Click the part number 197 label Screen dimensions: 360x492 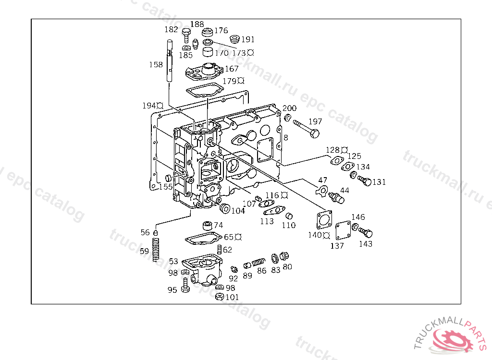(x=315, y=121)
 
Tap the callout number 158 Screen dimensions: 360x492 (x=156, y=64)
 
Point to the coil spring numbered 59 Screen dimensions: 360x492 (x=155, y=250)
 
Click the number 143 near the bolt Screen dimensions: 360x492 (x=365, y=244)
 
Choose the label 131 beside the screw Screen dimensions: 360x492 (x=379, y=182)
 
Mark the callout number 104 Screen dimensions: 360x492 (x=238, y=210)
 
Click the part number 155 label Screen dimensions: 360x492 (x=166, y=186)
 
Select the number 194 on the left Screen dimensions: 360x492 (x=149, y=106)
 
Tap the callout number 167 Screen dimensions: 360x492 (x=232, y=69)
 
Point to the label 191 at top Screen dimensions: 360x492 (x=248, y=39)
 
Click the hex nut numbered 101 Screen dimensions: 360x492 (x=220, y=297)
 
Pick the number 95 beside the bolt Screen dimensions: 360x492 (x=172, y=289)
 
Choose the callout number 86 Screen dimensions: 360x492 (x=261, y=271)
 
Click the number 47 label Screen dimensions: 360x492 (x=323, y=180)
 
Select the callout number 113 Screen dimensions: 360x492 (x=267, y=221)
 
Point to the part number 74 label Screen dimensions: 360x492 (x=218, y=225)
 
